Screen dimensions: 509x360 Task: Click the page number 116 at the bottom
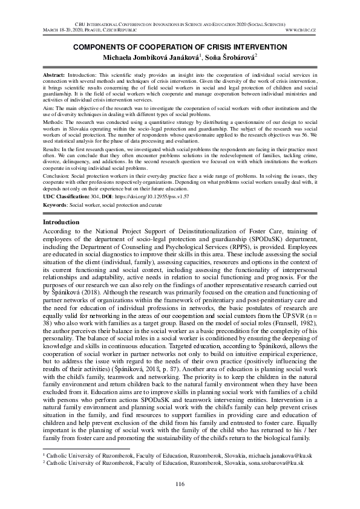(x=180, y=484)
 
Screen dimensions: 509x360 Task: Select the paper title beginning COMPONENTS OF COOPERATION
(x=180, y=46)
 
